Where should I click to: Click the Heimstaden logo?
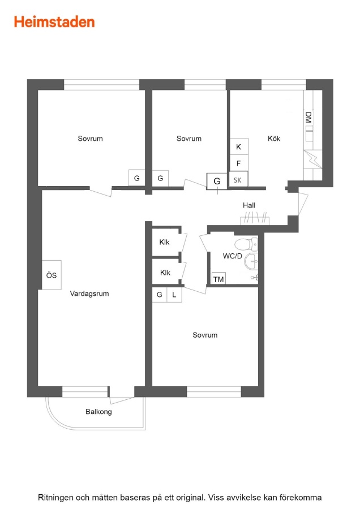[x=54, y=22]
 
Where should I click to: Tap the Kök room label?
[x=274, y=139]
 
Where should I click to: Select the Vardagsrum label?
[x=89, y=294]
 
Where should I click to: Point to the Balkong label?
[x=98, y=412]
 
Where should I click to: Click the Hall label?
[x=249, y=205]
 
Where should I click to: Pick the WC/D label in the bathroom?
[x=232, y=256]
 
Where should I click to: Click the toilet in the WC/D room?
[x=246, y=244]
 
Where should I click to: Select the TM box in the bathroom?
[x=218, y=279]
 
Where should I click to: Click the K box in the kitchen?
[x=239, y=146]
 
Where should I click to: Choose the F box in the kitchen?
[x=239, y=163]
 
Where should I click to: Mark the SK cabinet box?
[x=238, y=179]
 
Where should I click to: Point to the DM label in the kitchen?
[x=308, y=117]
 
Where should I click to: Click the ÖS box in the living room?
[x=52, y=275]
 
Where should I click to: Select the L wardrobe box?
[x=174, y=295]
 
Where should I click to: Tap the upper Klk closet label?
[x=164, y=242]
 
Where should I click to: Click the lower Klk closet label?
[x=165, y=273]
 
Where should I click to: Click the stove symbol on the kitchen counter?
[x=312, y=159]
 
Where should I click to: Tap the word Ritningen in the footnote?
[x=55, y=498]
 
